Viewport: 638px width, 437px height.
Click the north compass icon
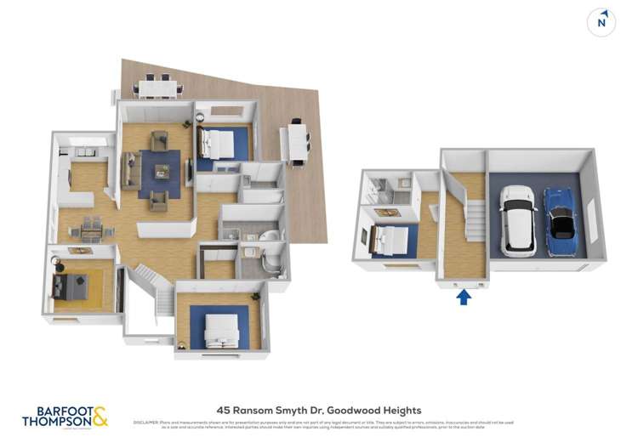point(601,22)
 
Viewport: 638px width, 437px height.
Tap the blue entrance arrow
point(464,297)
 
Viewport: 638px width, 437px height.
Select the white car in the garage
point(517,220)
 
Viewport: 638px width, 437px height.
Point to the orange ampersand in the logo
point(100,416)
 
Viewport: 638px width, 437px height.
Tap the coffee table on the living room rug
point(162,172)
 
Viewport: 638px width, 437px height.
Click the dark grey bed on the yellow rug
point(71,287)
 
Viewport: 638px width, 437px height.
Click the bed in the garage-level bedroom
point(388,241)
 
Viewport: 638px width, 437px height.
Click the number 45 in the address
point(223,410)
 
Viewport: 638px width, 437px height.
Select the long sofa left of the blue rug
point(131,169)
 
